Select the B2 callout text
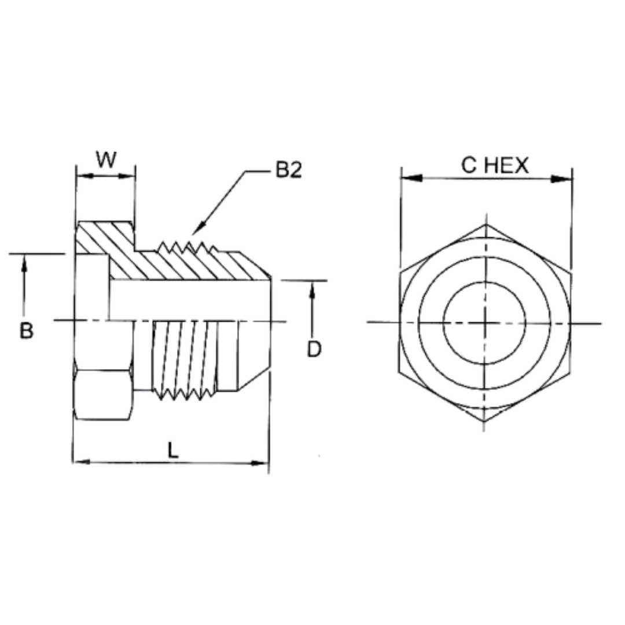288,171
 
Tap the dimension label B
27,331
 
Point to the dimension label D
314,349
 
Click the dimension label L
172,450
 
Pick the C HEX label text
495,166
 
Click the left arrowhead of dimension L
81,462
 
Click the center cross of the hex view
485,322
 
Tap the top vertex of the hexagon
486,225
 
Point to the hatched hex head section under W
104,237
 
